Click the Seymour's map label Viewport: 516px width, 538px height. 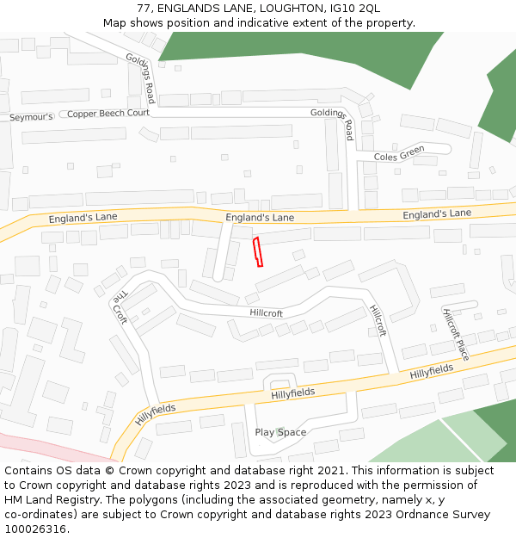pyautogui.click(x=31, y=116)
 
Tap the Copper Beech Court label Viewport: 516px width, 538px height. pyautogui.click(x=108, y=113)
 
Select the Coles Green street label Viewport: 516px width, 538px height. pyautogui.click(x=399, y=154)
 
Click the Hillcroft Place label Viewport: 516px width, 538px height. pyautogui.click(x=456, y=334)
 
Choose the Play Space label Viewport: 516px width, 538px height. pyautogui.click(x=280, y=432)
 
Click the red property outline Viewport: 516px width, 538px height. pyautogui.click(x=257, y=253)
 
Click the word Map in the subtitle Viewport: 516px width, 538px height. pyautogui.click(x=115, y=22)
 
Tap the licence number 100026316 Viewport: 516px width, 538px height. pyautogui.click(x=36, y=529)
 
